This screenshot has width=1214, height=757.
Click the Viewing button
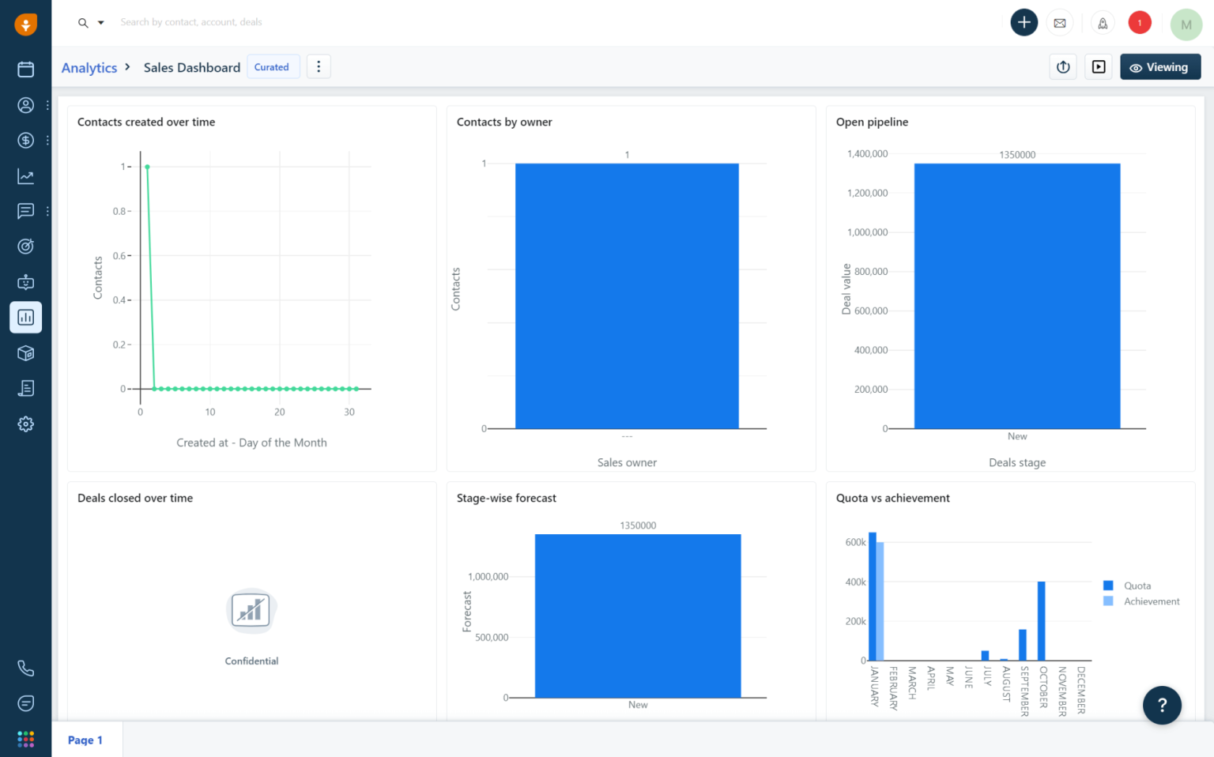(x=1159, y=67)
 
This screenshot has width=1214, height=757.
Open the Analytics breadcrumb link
(x=89, y=68)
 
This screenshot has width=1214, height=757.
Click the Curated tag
(x=272, y=67)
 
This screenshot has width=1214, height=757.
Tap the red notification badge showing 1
(x=1139, y=23)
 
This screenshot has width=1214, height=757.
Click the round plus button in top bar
(x=1024, y=22)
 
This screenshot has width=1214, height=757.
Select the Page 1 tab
(x=85, y=740)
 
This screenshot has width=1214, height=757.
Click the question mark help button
(x=1162, y=705)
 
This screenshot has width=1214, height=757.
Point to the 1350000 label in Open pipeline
(x=1017, y=155)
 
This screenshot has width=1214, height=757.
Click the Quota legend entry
(x=1137, y=586)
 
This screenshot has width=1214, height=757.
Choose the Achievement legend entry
(x=1151, y=601)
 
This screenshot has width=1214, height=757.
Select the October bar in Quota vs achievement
(x=1042, y=621)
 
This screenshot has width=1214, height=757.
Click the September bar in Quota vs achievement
(x=1023, y=645)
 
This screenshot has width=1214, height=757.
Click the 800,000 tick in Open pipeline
(x=871, y=272)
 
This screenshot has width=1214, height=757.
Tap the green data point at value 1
(x=147, y=167)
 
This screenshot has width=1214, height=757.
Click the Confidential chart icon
(x=251, y=611)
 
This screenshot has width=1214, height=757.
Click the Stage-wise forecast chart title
(x=507, y=499)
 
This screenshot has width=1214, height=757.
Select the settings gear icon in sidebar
(x=26, y=424)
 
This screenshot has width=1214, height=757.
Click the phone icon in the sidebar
(x=26, y=668)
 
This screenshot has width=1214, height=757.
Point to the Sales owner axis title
(x=627, y=463)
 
